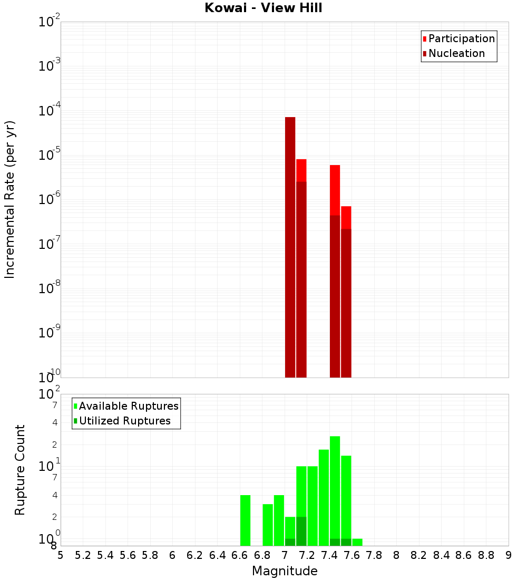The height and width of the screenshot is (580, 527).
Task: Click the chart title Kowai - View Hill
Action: [263, 8]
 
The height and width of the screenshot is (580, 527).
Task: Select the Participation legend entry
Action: [461, 38]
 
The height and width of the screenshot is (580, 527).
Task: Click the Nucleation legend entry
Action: [456, 53]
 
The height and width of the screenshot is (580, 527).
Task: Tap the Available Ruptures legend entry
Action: [128, 406]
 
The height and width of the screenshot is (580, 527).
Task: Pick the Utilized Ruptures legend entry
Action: [124, 421]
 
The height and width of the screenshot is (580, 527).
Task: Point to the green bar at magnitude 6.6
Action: [245, 520]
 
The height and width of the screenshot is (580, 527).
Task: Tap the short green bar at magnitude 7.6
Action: [357, 542]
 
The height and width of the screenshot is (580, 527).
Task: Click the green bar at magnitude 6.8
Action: [268, 525]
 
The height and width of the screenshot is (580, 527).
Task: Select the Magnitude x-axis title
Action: [285, 571]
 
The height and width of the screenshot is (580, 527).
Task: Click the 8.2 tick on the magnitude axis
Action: [419, 555]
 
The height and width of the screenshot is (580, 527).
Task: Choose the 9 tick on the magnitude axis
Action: [509, 555]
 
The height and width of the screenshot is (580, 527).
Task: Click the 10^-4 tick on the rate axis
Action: [50, 111]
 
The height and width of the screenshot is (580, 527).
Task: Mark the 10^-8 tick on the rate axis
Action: [50, 288]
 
